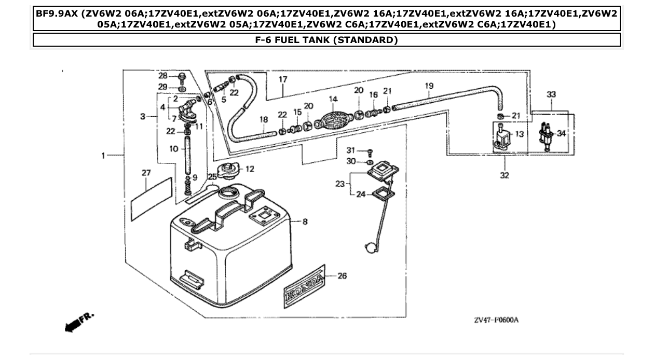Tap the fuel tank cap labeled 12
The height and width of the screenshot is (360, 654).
(229, 170)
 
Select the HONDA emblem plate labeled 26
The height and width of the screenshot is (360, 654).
(304, 284)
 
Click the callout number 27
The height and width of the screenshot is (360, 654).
(146, 172)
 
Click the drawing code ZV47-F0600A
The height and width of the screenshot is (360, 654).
(496, 320)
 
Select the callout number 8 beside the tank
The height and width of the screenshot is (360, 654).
(305, 221)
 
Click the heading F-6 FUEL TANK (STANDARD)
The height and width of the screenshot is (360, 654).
(326, 40)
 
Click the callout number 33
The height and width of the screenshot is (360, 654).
(551, 95)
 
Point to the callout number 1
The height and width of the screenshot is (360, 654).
(103, 155)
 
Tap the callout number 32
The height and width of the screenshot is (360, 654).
(505, 175)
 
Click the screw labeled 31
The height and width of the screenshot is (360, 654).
(370, 153)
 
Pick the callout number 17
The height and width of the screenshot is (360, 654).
(283, 80)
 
